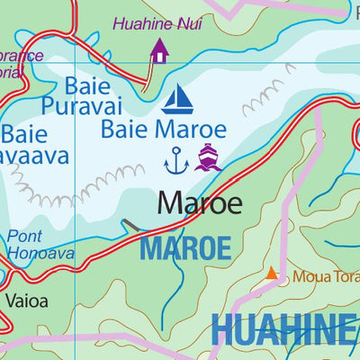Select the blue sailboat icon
click(178, 97)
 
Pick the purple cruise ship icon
click(209, 157)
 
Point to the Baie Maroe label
click(161, 128)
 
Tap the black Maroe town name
click(200, 203)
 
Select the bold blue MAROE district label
click(185, 247)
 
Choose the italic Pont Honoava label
click(31, 245)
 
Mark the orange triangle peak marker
click(272, 273)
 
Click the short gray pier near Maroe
click(131, 225)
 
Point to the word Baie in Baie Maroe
click(121, 128)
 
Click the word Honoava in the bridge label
click(31, 254)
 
